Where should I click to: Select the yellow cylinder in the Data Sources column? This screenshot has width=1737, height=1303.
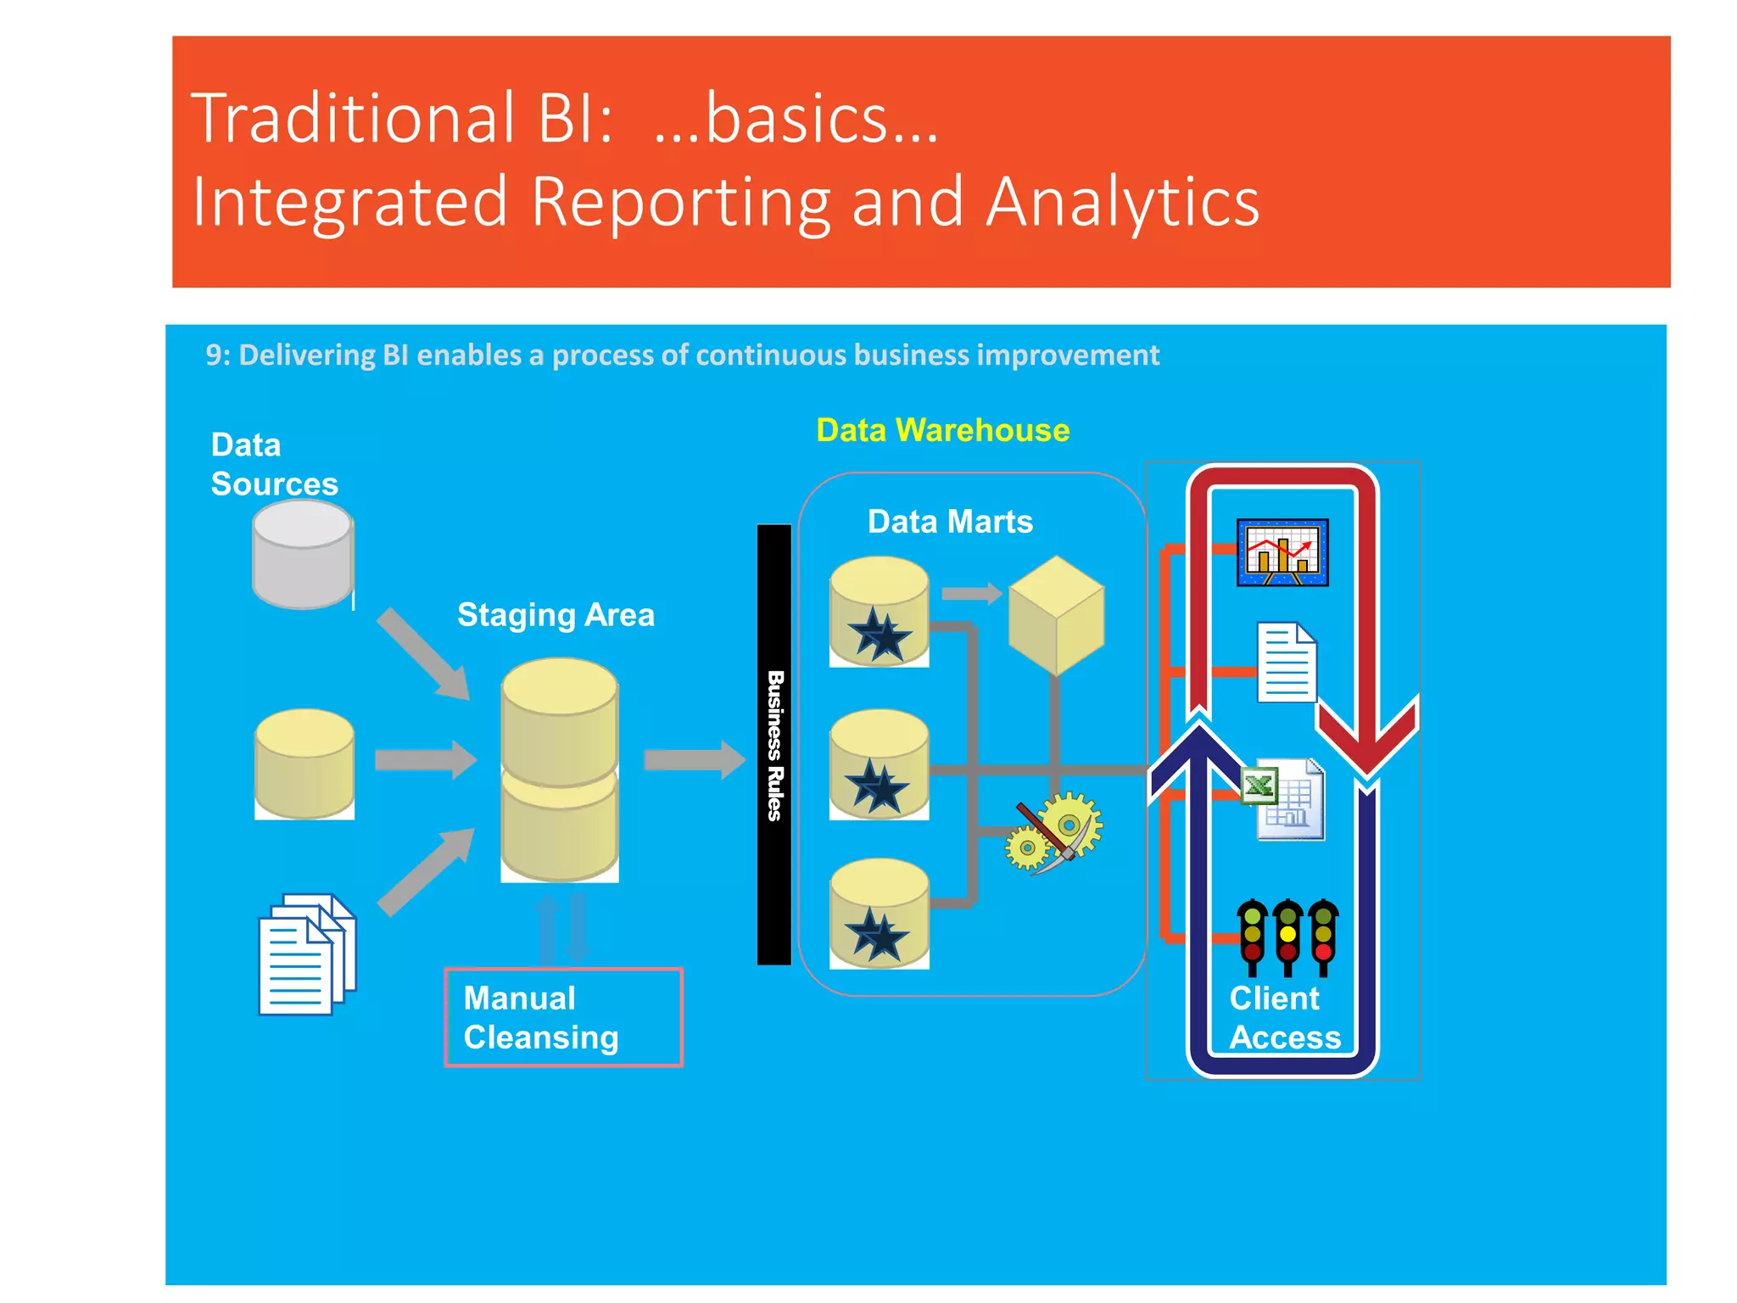tap(304, 763)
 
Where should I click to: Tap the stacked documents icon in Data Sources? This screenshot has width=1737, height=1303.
tap(307, 953)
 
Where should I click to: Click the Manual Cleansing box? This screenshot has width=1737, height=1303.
tap(563, 1017)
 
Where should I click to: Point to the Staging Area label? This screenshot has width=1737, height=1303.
tap(556, 614)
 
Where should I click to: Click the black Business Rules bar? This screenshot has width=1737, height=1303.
tap(774, 744)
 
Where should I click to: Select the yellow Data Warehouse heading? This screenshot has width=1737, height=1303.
tap(942, 430)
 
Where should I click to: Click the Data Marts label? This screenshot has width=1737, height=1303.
tap(950, 521)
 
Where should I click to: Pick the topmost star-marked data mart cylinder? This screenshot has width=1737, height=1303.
tap(880, 612)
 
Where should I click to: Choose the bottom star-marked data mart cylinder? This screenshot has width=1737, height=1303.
tap(880, 914)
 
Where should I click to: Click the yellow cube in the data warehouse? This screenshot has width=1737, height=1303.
tap(1056, 615)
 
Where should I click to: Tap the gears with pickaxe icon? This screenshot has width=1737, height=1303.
tap(1054, 831)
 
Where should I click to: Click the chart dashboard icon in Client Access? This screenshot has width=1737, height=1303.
tap(1282, 552)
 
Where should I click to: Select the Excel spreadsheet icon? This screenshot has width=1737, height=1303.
tap(1282, 799)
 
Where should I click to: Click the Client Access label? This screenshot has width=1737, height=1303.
tap(1284, 1018)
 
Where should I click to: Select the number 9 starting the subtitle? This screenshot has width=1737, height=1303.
tap(215, 355)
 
